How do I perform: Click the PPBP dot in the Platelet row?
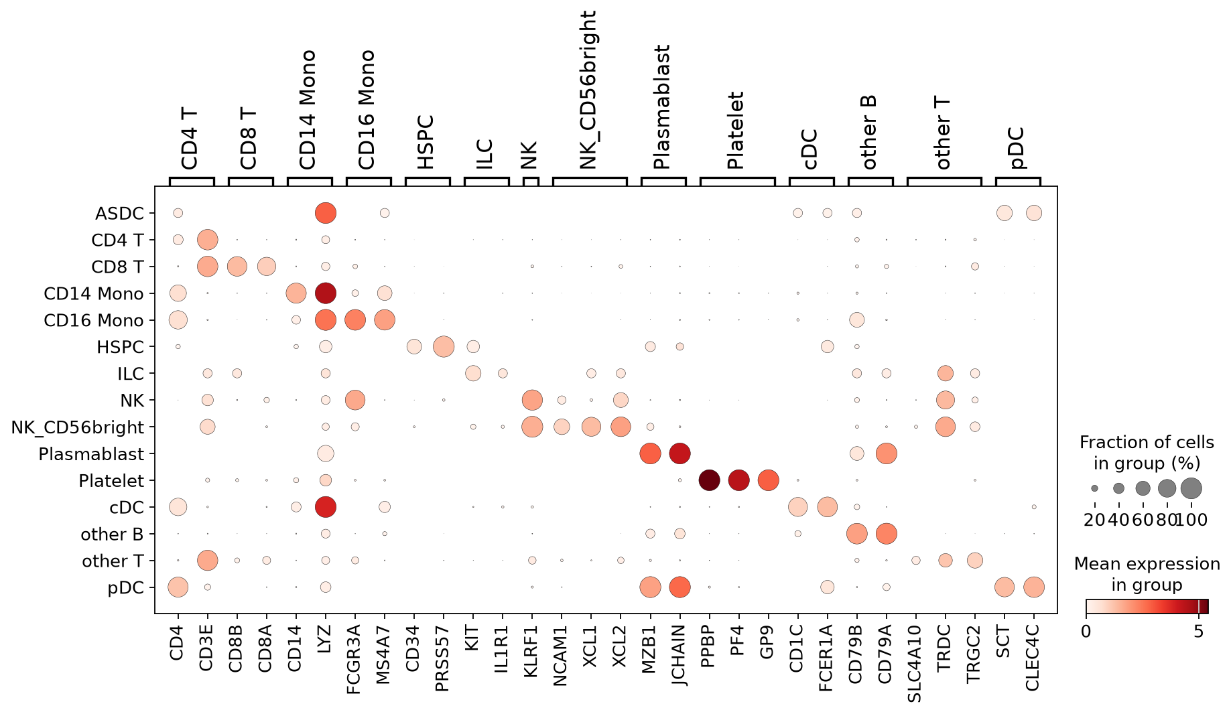click(x=709, y=480)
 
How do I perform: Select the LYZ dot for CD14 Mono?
click(x=326, y=293)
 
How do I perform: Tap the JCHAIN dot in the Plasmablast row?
click(x=679, y=453)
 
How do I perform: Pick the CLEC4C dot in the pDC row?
click(x=1033, y=587)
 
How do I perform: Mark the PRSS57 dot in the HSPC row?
click(x=444, y=346)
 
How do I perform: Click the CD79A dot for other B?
click(x=886, y=534)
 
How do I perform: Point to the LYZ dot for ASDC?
click(x=326, y=213)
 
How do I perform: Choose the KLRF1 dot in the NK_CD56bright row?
click(x=532, y=427)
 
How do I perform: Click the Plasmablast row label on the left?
click(x=91, y=454)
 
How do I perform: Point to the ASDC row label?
click(x=120, y=213)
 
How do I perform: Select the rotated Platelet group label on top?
click(x=736, y=131)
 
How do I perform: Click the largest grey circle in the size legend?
click(x=1191, y=488)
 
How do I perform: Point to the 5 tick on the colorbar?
click(x=1199, y=631)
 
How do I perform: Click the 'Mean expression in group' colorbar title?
click(x=1147, y=574)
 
